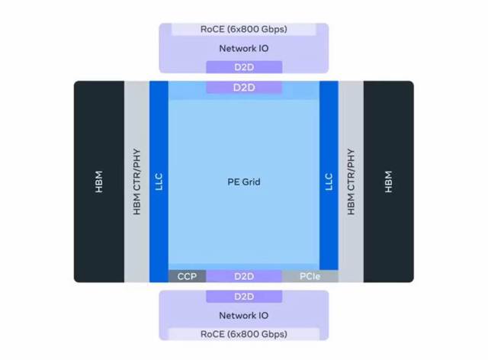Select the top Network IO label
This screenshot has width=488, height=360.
pyautogui.click(x=244, y=48)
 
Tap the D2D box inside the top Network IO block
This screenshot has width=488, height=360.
pyautogui.click(x=244, y=68)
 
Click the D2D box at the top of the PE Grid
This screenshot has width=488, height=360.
pyautogui.click(x=244, y=88)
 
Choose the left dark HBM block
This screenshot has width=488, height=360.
pyautogui.click(x=99, y=182)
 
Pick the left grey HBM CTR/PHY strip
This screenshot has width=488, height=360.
pyautogui.click(x=137, y=182)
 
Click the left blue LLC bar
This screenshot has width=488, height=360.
pyautogui.click(x=159, y=182)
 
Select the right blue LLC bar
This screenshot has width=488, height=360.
pyautogui.click(x=329, y=182)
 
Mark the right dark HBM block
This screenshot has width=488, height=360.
pyautogui.click(x=389, y=182)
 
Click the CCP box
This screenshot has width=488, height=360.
pyautogui.click(x=187, y=276)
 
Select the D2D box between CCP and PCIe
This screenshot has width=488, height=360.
pyautogui.click(x=244, y=276)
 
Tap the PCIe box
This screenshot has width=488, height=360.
pyautogui.click(x=310, y=276)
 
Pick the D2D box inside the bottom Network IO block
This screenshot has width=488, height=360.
pyautogui.click(x=244, y=296)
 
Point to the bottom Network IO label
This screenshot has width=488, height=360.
pyautogui.click(x=244, y=315)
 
